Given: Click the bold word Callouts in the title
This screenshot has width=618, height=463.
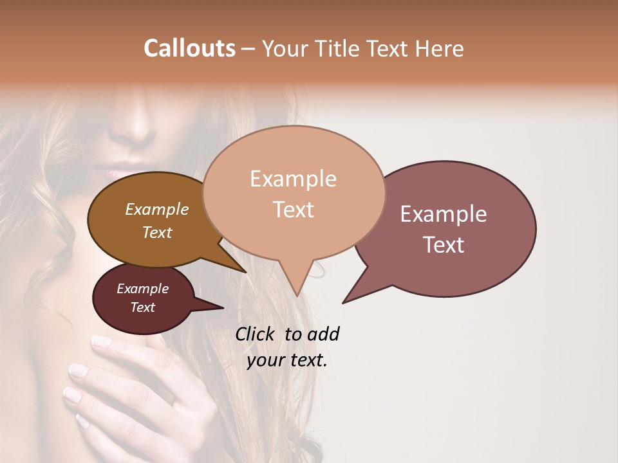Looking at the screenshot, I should point(189,49).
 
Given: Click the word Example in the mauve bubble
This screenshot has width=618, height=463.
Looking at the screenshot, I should point(443,214).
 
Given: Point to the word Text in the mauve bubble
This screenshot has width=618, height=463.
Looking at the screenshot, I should point(444,244).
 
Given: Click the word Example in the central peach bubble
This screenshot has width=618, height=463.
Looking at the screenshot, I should point(293,179).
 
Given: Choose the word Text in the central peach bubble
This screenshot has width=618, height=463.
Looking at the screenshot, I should point(294,210).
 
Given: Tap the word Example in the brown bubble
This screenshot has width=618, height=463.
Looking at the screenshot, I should point(156,209).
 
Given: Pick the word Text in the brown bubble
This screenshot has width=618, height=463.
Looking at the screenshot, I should point(157,232).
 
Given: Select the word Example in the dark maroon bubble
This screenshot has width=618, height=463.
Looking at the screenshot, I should point(142,289).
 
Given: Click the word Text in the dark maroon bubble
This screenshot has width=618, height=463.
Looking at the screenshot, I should point(143,307).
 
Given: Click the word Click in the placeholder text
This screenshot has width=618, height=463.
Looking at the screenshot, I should point(257,334).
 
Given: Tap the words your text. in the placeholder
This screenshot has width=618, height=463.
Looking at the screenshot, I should point(287,360).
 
